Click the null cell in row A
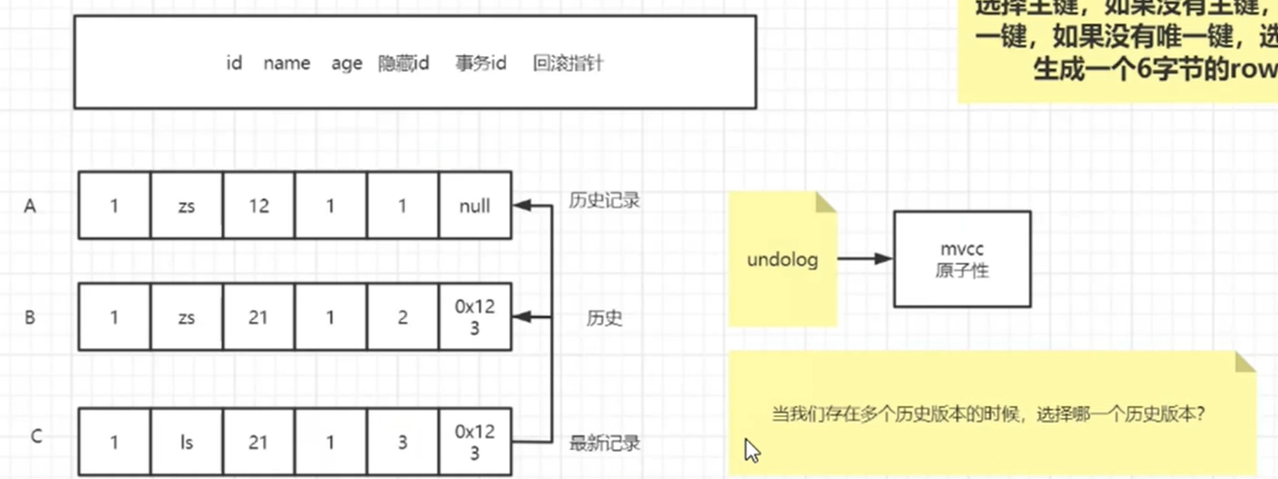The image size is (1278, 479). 474,206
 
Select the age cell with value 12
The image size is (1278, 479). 258,206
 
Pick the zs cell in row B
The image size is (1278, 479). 186,318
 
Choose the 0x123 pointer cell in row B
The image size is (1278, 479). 474,318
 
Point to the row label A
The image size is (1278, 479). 30,207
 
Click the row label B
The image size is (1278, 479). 30,318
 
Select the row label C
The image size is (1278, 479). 36,436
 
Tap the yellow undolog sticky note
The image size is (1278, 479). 782,259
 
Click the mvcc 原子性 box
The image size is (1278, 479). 962,259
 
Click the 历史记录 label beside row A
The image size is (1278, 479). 604,200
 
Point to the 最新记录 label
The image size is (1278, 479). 604,443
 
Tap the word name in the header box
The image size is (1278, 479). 286,64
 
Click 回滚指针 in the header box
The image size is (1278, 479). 568,64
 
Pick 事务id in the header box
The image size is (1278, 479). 481,64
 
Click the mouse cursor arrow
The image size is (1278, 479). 751,450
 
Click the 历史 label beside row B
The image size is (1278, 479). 604,318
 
